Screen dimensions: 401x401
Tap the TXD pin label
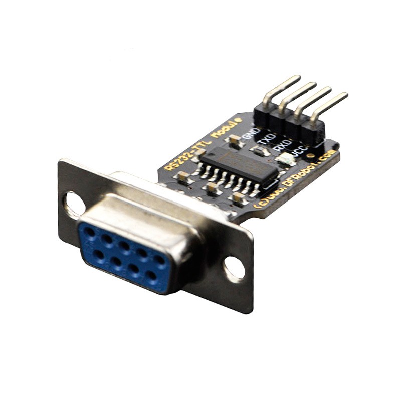pos(268,138)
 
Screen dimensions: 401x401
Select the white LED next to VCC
pos(284,160)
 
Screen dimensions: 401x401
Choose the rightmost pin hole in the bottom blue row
pos(151,275)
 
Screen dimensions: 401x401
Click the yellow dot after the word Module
pos(239,120)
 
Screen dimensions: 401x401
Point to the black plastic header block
pos(288,123)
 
